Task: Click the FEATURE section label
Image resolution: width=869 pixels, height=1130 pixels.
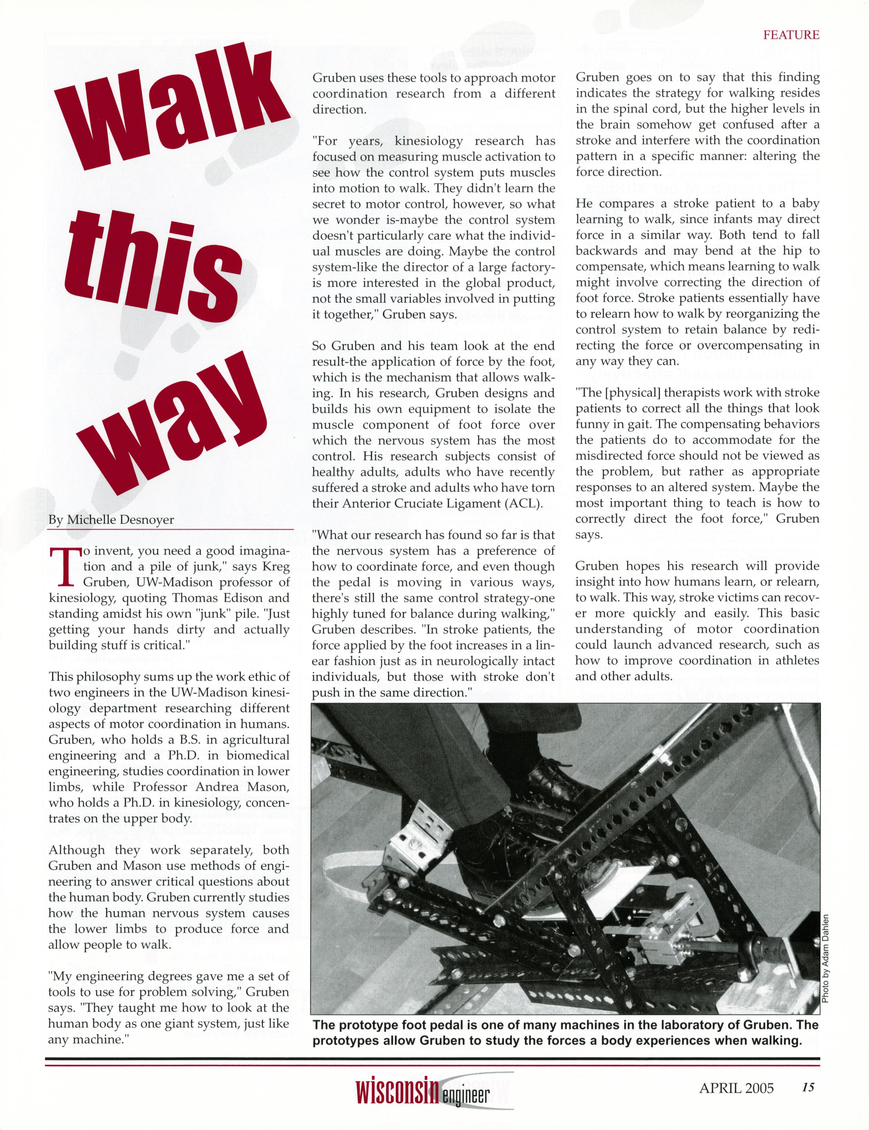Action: (x=792, y=35)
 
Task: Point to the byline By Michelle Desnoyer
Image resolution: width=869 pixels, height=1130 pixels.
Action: (x=111, y=520)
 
